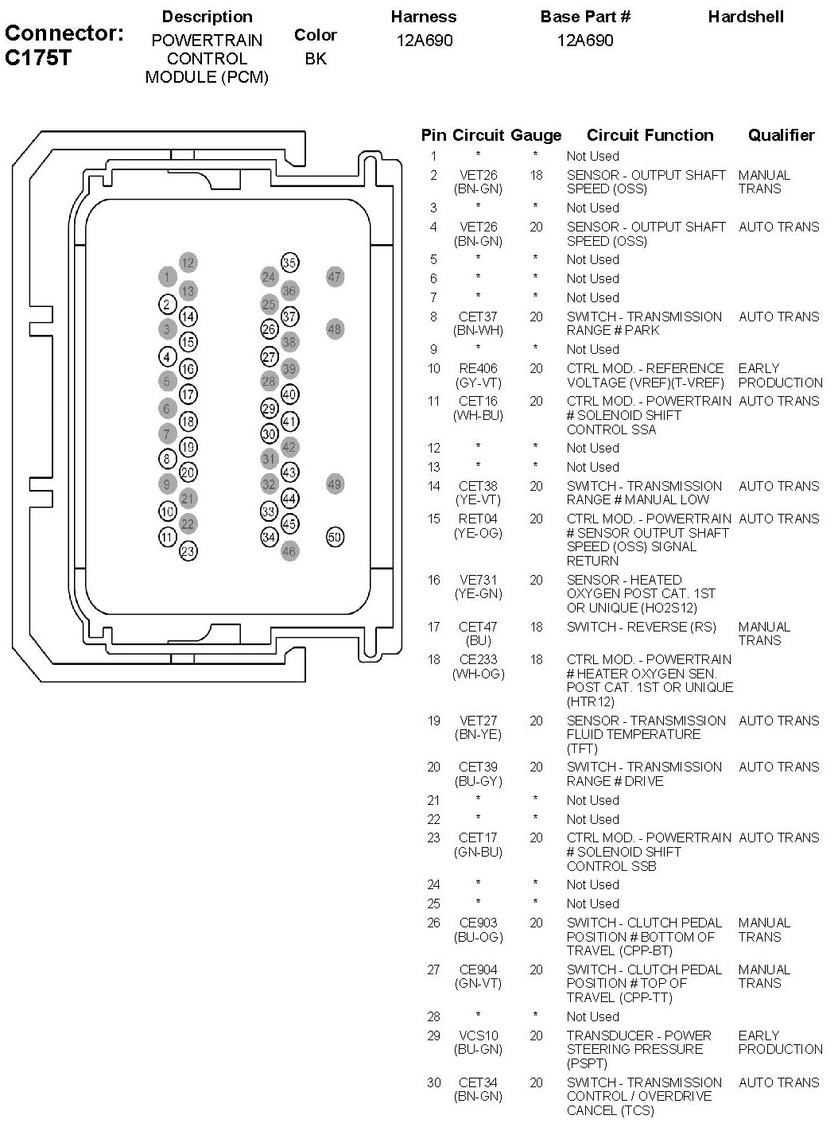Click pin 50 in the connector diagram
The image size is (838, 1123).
(335, 537)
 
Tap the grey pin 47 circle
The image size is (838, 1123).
(335, 278)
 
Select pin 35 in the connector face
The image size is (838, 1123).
(289, 262)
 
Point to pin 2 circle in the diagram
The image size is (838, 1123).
(167, 305)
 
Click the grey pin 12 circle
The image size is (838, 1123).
(188, 262)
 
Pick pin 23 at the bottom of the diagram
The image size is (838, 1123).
(188, 551)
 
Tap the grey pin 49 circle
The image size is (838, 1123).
(335, 484)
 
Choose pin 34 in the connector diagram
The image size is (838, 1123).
(269, 537)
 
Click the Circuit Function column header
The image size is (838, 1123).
(650, 135)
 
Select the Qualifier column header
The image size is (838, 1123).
(781, 135)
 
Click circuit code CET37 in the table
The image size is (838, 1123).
(478, 317)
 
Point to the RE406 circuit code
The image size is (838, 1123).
(478, 368)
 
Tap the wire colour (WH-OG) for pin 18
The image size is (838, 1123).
(478, 674)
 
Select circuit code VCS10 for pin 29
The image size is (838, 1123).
(478, 1036)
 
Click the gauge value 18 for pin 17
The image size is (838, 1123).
(536, 627)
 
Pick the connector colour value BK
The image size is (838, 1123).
(316, 59)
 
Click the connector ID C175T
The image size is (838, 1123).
(38, 57)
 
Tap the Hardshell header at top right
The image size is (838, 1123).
(746, 17)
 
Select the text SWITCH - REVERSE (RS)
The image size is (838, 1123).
(641, 627)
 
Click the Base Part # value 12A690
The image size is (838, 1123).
(585, 41)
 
